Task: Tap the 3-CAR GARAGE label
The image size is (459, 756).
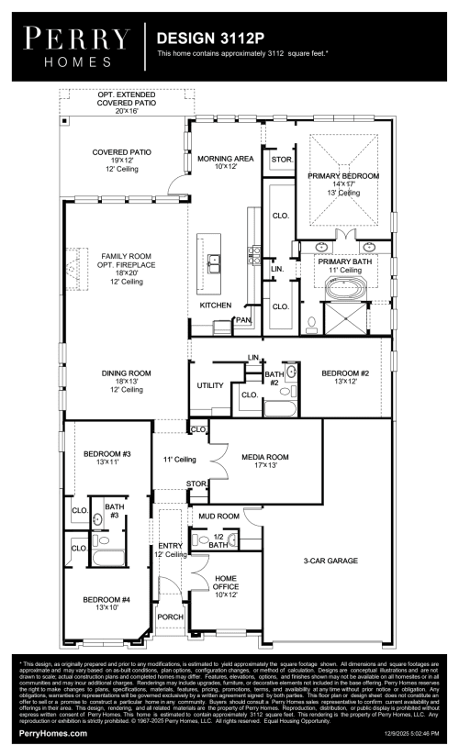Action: (x=330, y=560)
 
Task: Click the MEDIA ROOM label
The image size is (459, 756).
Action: (x=265, y=461)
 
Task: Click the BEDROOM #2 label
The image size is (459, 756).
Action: (x=345, y=377)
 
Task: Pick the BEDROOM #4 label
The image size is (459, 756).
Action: (x=108, y=604)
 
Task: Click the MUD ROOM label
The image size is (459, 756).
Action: (x=218, y=517)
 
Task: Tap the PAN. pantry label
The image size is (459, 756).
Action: (x=243, y=320)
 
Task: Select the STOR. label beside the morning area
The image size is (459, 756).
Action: (x=282, y=160)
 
